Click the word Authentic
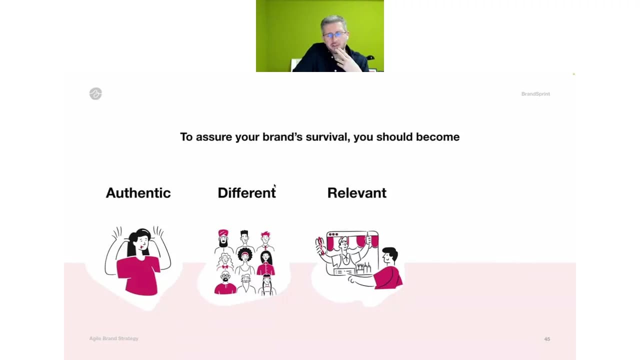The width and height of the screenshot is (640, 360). [x=138, y=193]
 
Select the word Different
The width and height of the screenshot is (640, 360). [x=247, y=193]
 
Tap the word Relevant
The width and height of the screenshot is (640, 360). [x=357, y=193]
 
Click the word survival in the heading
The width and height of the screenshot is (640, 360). [x=327, y=137]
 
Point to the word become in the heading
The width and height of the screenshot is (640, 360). [x=437, y=137]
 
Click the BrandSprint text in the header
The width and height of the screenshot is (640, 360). [x=535, y=94]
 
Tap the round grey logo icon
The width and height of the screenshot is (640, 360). [x=95, y=93]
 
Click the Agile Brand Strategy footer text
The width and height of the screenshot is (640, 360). [x=113, y=338]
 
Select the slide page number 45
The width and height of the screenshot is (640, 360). [x=547, y=339]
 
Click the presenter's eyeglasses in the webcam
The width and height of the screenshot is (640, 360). [x=334, y=35]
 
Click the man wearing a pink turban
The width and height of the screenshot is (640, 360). [x=223, y=240]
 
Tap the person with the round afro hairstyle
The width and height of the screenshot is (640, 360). [x=245, y=261]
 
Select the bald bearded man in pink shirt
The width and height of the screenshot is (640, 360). [x=225, y=282]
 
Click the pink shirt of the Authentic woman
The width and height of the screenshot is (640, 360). [x=138, y=275]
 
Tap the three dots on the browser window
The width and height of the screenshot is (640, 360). [x=333, y=234]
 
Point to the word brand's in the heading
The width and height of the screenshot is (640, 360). [x=282, y=137]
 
